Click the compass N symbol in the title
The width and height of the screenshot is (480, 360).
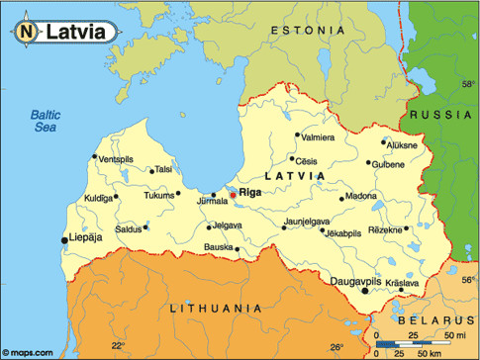[27, 32]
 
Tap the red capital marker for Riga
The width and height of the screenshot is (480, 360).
[233, 195]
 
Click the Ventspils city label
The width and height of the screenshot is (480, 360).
[115, 159]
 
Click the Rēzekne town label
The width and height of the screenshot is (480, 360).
[385, 229]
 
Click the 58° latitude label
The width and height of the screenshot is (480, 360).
[468, 85]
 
